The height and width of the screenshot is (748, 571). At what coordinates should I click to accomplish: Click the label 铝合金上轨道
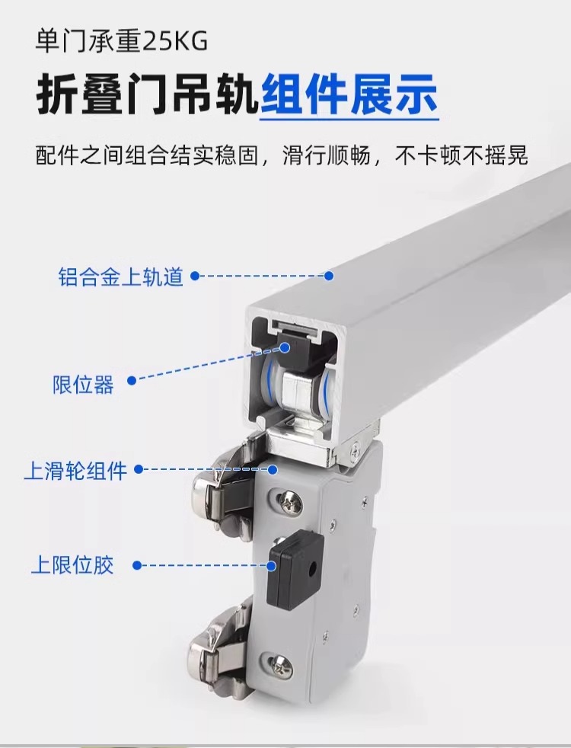(x=120, y=277)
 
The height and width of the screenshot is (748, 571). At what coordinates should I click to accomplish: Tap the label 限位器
(x=84, y=385)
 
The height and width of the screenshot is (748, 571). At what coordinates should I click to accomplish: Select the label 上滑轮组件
(x=75, y=471)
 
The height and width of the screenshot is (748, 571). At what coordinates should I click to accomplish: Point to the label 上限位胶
(x=72, y=564)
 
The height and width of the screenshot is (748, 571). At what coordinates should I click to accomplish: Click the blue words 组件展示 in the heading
(x=349, y=94)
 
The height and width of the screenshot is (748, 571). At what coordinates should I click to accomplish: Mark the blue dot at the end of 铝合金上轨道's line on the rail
(x=328, y=275)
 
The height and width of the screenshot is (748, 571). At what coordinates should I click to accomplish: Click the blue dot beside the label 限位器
(x=132, y=380)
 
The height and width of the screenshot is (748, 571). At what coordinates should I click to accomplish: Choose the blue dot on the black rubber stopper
(x=271, y=566)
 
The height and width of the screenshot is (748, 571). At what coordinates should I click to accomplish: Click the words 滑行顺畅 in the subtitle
(x=327, y=155)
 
